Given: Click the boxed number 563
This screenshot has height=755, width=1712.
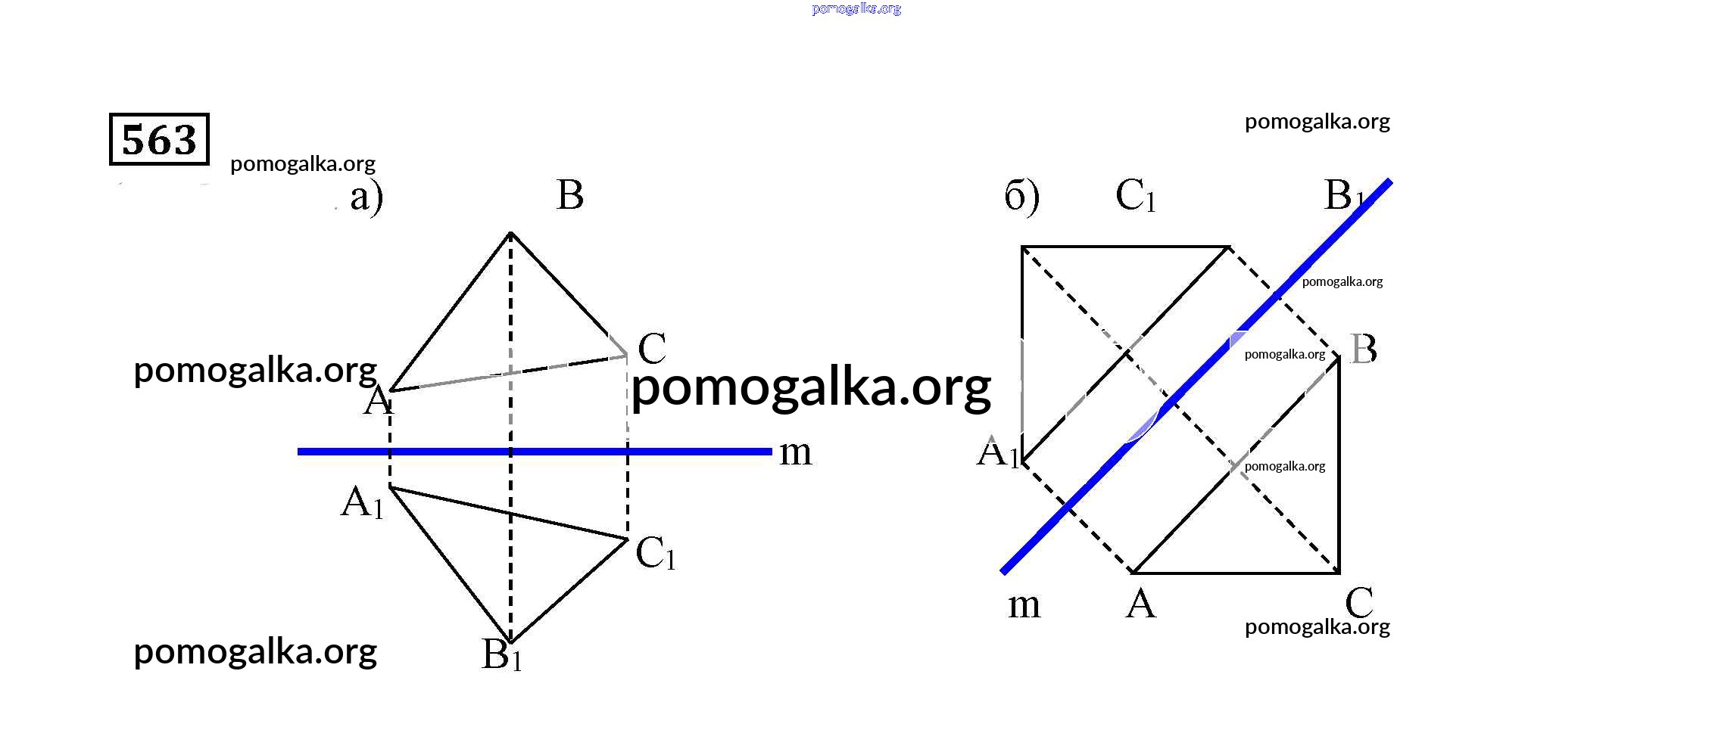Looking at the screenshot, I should pos(159,139).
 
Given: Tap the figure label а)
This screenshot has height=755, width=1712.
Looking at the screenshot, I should pos(366,197).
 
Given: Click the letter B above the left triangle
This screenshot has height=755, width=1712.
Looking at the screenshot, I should pos(569,195).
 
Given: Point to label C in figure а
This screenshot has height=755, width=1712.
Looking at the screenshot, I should pos(652,349).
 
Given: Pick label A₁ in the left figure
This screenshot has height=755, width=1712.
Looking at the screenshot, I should pos(363,502).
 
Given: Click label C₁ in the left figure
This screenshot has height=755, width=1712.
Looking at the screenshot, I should pos(655,553).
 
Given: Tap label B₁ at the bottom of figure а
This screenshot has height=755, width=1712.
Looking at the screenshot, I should pos(501,655).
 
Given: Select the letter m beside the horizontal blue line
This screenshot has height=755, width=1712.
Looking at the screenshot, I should pos(795,453).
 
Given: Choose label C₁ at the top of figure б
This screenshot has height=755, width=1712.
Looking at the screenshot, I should pos(1135,196).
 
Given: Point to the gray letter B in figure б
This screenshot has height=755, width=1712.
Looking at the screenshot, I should pos(1363,350).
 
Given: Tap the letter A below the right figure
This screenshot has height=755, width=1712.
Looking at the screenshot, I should pos(1141,604).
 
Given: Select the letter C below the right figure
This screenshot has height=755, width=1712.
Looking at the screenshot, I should pos(1358,603).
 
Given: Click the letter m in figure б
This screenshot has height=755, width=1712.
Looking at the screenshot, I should pos(1024,606).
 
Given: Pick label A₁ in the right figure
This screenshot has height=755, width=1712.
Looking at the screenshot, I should pos(998,453).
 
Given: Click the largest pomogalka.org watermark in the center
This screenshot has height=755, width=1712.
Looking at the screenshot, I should pos(811,387).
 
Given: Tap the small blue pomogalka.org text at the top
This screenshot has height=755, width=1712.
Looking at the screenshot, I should pos(856,9).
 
